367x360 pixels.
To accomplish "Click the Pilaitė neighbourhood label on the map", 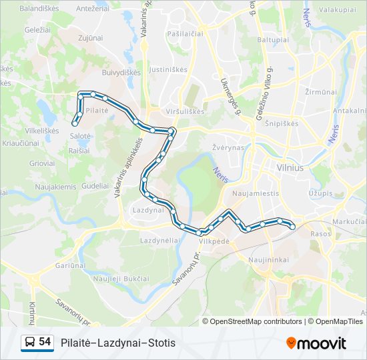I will (97, 110).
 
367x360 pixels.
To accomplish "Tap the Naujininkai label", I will (267, 259).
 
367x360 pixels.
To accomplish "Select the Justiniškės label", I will (168, 69).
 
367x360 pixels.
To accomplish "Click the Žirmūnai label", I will (320, 91).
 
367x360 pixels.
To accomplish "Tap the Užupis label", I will (320, 193).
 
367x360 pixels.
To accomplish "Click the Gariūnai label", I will (69, 265).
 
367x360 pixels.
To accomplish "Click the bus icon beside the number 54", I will (30, 343).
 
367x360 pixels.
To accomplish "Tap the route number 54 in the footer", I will (45, 342).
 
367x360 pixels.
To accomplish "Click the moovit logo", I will (316, 343).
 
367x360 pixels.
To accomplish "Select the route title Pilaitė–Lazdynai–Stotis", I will (117, 343).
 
